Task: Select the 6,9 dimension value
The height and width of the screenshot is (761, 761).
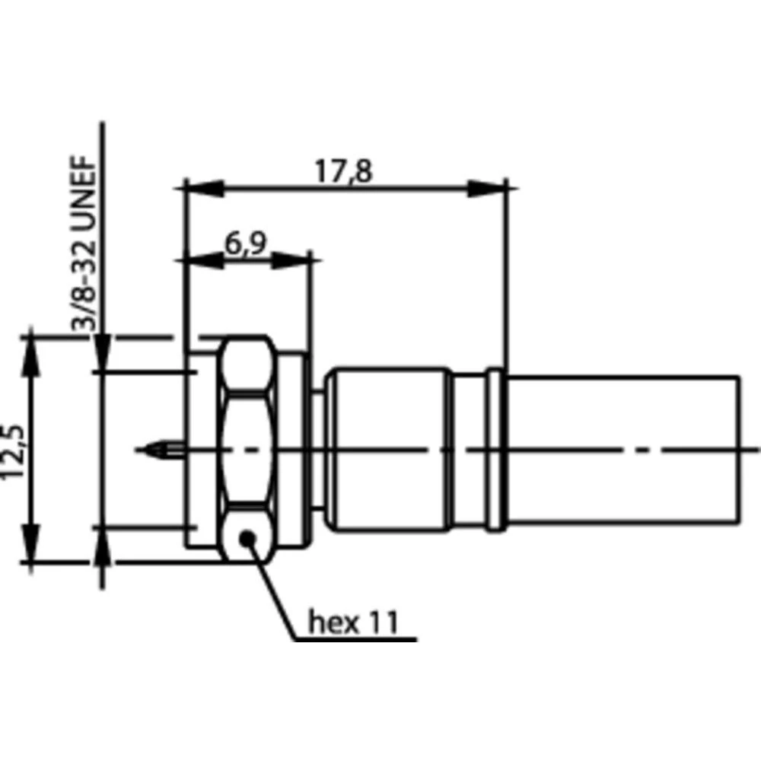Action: (x=245, y=244)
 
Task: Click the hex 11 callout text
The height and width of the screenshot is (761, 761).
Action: (x=353, y=622)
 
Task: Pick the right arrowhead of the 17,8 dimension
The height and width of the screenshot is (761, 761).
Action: (x=487, y=188)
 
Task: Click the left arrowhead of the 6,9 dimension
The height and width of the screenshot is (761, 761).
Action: (x=202, y=260)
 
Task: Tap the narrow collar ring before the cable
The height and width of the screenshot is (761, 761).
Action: (x=495, y=449)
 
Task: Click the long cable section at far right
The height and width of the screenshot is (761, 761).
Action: (x=620, y=449)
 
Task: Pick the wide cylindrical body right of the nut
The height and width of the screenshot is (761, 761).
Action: (x=388, y=449)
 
